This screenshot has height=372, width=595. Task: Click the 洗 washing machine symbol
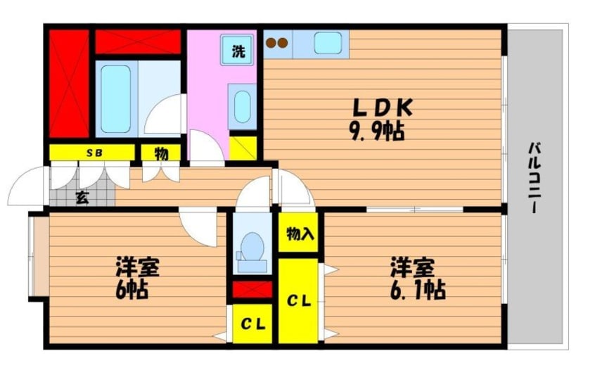click(238, 50)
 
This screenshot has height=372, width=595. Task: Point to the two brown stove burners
click(276, 43)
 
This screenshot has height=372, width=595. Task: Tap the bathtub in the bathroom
click(115, 98)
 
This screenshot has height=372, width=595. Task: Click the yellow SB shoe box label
click(92, 153)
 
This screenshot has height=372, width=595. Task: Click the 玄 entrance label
click(82, 198)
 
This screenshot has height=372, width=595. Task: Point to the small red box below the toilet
click(252, 289)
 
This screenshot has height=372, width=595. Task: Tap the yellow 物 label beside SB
click(161, 153)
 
